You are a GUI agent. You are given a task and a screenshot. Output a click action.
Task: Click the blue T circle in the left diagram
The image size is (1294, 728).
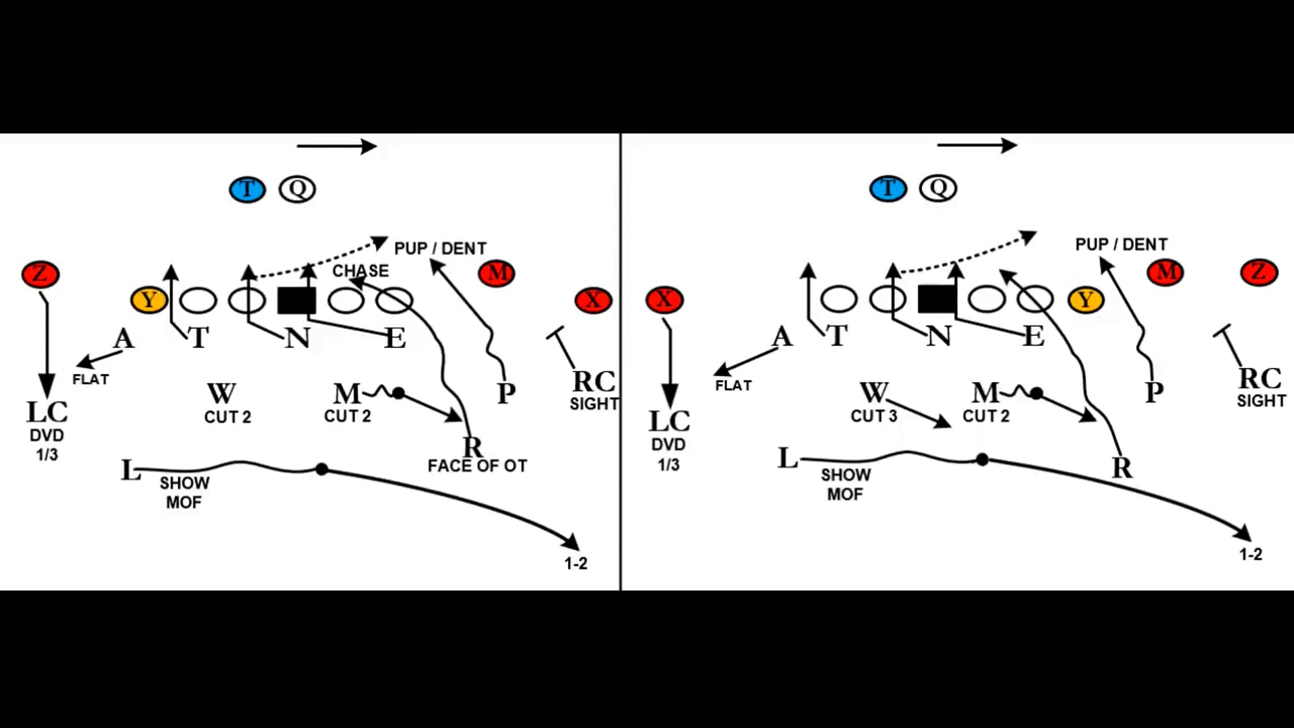click(x=247, y=189)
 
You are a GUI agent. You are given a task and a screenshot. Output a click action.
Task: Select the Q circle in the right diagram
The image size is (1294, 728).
click(x=938, y=188)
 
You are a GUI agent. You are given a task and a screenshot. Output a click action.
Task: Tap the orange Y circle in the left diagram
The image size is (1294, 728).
click(x=148, y=300)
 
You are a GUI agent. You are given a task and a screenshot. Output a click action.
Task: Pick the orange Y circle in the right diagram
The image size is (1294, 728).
click(x=1085, y=299)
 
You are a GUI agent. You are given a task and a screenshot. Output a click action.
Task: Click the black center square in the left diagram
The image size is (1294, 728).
click(x=297, y=301)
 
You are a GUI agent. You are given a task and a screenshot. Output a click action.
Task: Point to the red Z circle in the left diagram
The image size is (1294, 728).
click(x=40, y=274)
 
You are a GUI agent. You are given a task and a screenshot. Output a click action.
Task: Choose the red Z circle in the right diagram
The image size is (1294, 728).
click(x=1258, y=272)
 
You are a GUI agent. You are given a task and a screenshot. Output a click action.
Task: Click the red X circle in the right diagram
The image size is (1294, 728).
click(x=664, y=299)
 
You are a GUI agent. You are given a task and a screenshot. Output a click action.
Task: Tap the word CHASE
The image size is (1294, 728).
click(x=361, y=271)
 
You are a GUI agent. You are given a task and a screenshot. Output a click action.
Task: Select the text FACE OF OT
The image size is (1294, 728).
click(x=477, y=466)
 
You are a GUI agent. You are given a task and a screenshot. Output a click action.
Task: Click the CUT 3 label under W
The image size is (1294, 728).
click(x=873, y=416)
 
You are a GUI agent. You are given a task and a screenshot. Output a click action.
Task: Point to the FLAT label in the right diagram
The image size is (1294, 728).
click(x=733, y=386)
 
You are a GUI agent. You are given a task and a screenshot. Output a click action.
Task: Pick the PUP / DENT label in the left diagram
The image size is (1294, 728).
click(x=440, y=249)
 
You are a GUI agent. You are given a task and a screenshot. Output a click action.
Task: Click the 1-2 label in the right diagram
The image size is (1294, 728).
click(x=1250, y=554)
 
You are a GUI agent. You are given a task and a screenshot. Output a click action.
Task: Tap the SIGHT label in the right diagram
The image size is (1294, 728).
click(x=1261, y=401)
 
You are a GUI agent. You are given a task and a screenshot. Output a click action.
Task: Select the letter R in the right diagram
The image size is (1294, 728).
click(x=1121, y=468)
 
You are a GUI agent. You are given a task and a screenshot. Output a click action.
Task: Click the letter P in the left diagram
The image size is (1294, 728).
click(x=506, y=392)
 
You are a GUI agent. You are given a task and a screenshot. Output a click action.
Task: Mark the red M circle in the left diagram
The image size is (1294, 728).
click(x=497, y=273)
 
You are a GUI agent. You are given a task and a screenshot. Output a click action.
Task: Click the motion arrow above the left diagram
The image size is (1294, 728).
click(x=336, y=146)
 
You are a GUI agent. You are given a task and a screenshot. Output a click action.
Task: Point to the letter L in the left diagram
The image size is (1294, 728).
click(x=130, y=470)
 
